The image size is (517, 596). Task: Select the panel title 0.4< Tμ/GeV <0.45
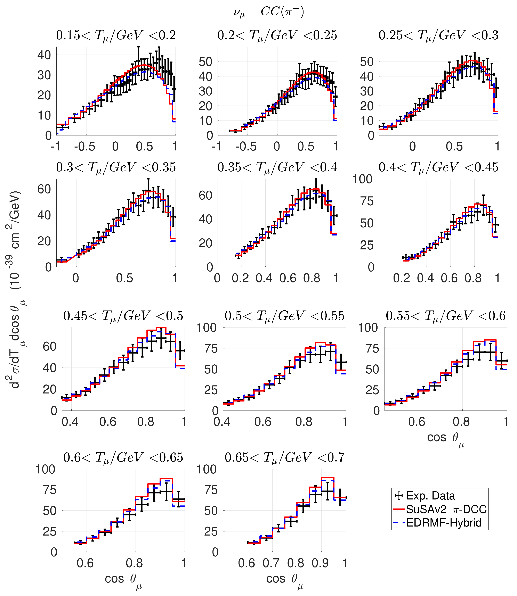[438, 167]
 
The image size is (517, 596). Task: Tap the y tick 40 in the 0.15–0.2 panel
[44, 55]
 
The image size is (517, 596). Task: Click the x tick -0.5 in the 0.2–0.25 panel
[246, 147]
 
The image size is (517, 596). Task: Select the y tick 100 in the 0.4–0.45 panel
[363, 179]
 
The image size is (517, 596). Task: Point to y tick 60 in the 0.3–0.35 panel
[44, 189]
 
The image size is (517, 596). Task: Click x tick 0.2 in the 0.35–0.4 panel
[240, 278]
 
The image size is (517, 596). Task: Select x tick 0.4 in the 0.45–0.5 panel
[70, 422]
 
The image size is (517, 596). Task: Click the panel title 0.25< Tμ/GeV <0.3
[438, 35]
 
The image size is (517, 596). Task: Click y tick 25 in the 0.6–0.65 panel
[50, 531]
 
